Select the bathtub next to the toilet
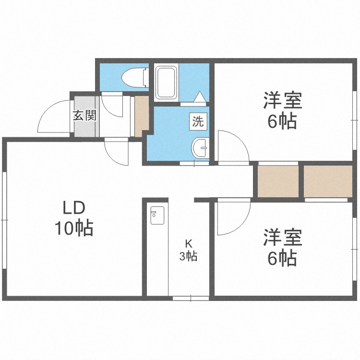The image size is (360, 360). [167, 82]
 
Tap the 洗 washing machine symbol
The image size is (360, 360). [198, 121]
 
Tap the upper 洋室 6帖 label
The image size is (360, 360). [282, 112]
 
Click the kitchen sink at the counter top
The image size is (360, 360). [157, 216]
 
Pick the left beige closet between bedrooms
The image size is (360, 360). [278, 181]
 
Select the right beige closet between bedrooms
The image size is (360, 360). [328, 181]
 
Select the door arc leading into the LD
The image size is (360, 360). [116, 152]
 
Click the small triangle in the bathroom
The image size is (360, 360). [199, 97]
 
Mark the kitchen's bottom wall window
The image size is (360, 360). [191, 298]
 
